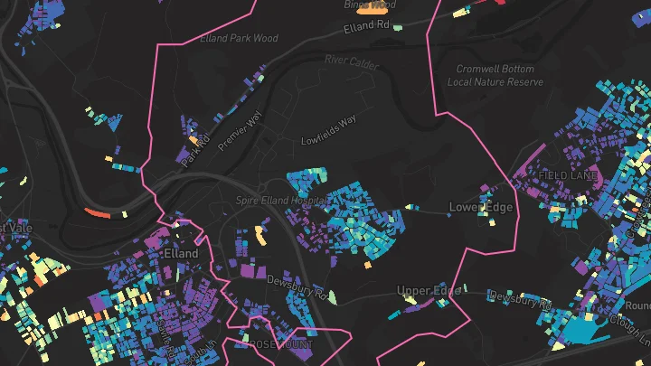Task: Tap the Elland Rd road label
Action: [x=366, y=28]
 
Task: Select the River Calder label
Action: [x=348, y=61]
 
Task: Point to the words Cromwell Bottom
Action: [x=495, y=70]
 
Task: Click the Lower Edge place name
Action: [x=481, y=208]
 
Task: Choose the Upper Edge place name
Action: [x=429, y=290]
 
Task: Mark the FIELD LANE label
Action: [x=568, y=174]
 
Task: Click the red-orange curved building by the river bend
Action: [x=96, y=212]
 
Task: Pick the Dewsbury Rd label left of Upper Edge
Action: [x=296, y=286]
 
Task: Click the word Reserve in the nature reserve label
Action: [x=524, y=82]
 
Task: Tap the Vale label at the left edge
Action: [x=18, y=228]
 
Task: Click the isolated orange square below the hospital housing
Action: [x=369, y=265]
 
